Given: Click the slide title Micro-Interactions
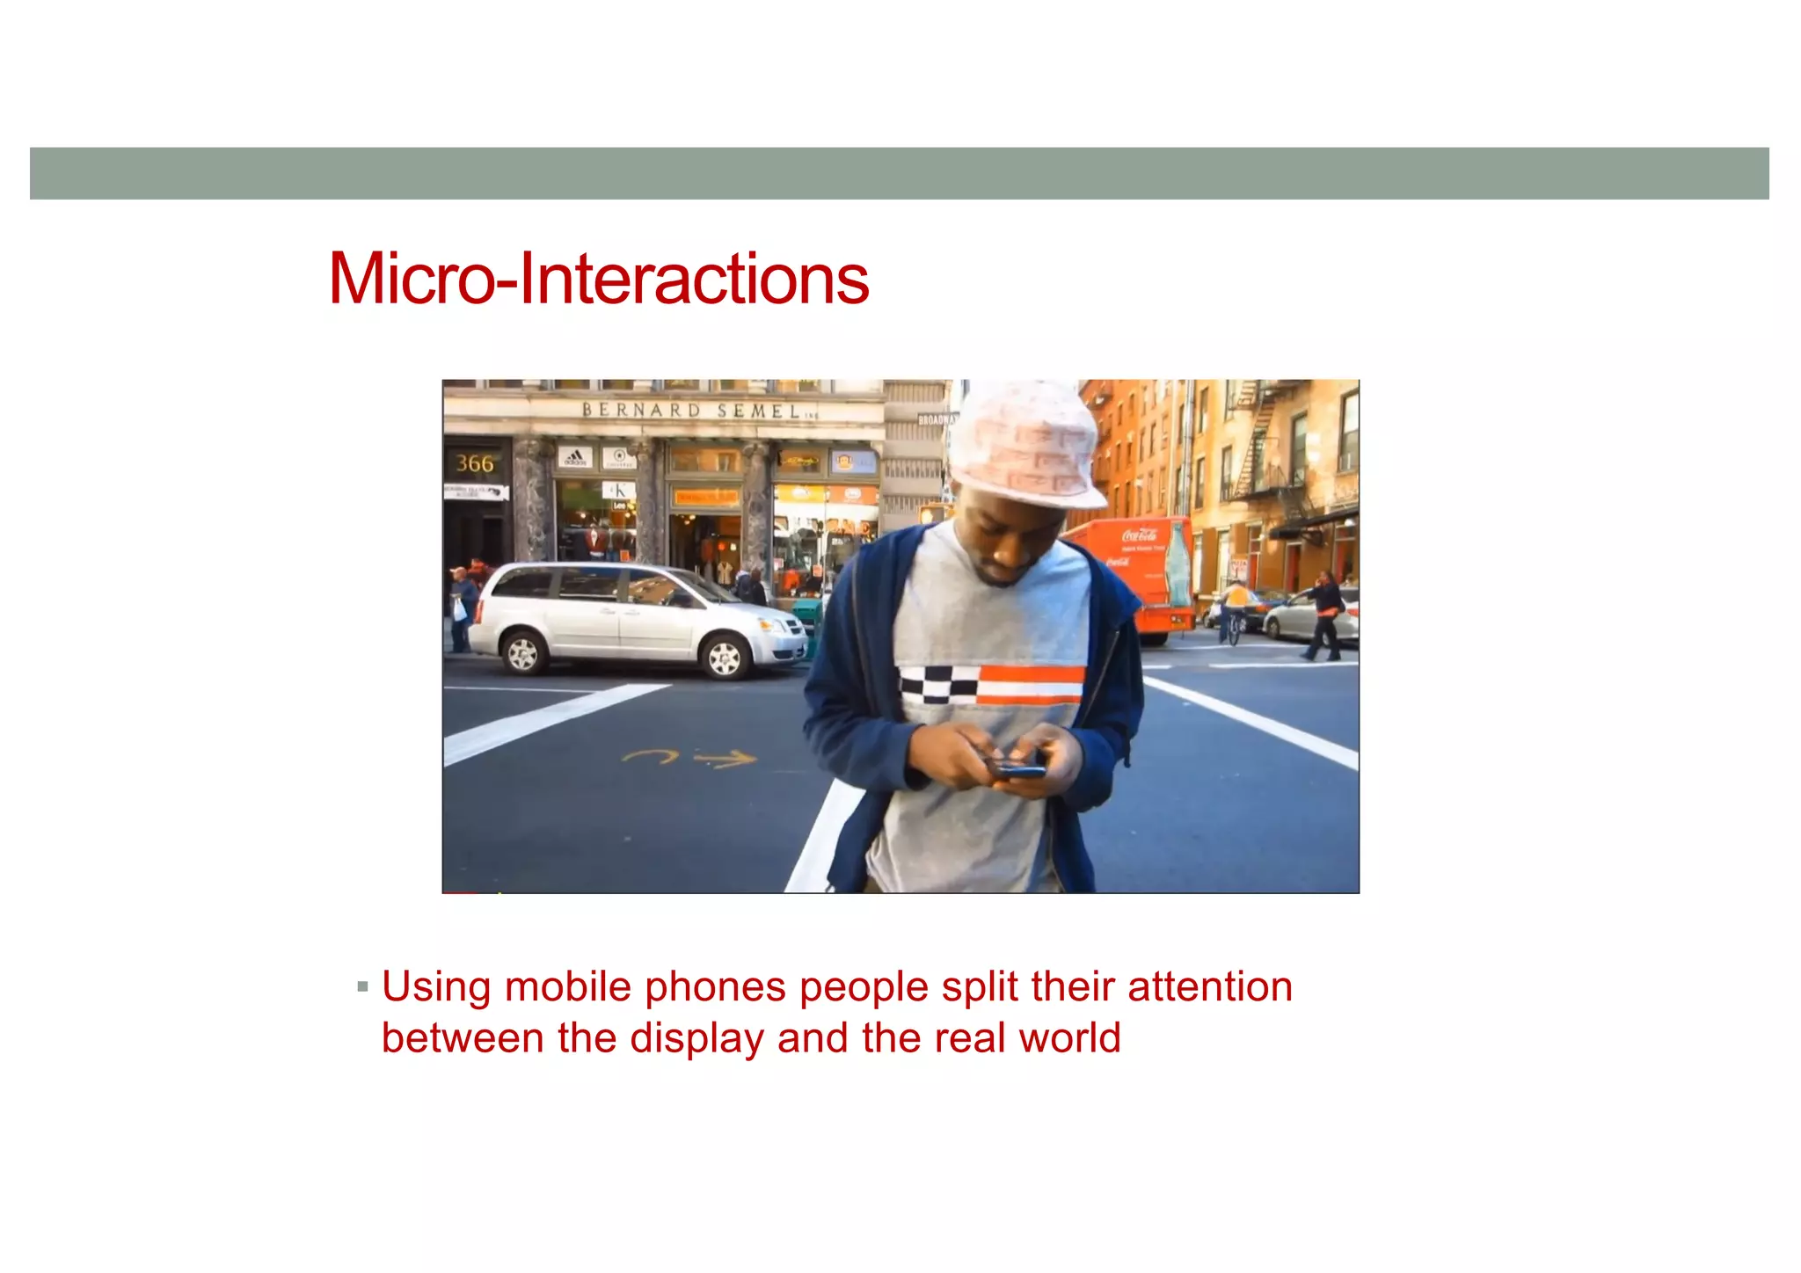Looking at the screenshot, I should coord(598,279).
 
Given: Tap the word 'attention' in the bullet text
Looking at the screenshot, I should coord(1210,986).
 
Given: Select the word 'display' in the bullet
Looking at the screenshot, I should coord(696,1039).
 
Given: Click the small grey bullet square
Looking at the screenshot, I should coord(362,987).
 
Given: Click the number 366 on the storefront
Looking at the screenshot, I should coord(475,463).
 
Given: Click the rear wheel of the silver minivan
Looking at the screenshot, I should coord(522,653).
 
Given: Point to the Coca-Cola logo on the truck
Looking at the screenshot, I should coord(1140,535).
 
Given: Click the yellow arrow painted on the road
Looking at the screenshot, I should coord(726,758).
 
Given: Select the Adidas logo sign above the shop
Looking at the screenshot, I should coord(575,457).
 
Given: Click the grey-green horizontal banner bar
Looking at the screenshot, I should coord(899,173).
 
